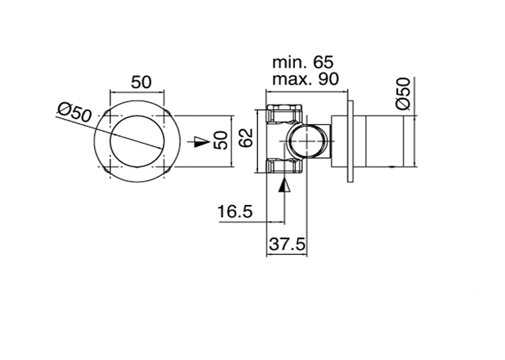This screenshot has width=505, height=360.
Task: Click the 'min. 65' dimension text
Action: click(x=303, y=62)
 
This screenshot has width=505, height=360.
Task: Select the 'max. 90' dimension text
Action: click(x=305, y=79)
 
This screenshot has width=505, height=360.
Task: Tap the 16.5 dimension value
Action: click(x=235, y=212)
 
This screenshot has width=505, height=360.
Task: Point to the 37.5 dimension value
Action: click(x=287, y=244)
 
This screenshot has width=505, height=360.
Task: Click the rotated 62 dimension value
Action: click(x=247, y=138)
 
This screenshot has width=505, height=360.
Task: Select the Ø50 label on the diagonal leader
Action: click(x=75, y=112)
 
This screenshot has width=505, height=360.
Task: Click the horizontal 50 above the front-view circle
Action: click(x=141, y=82)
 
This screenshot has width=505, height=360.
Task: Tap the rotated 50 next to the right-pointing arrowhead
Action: click(x=222, y=140)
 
